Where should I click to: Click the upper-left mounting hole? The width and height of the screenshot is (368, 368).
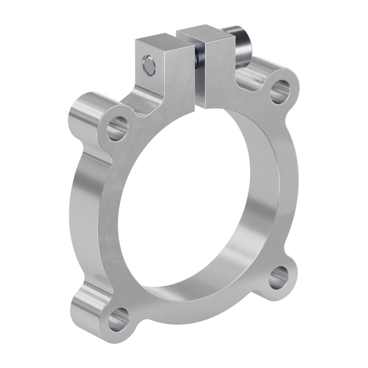tap(117, 129)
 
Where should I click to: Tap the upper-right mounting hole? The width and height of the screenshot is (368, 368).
tap(280, 91)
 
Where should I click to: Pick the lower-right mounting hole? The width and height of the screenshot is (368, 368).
tap(278, 278)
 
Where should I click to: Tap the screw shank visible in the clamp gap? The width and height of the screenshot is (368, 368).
tap(197, 56)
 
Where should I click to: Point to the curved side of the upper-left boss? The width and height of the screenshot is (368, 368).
tap(84, 110)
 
